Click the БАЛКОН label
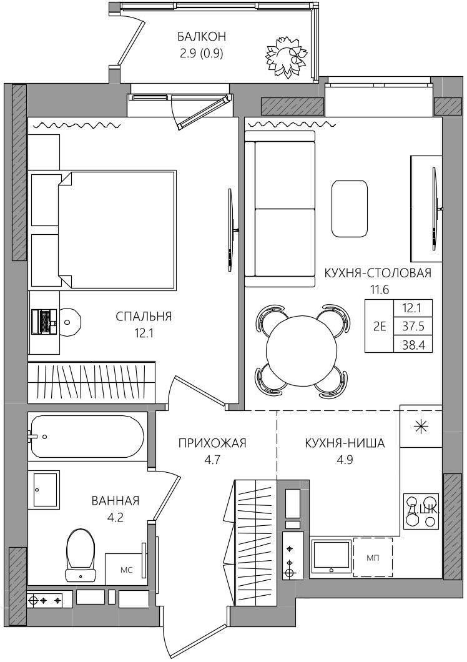pos(202,36)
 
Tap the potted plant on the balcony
pos(285,56)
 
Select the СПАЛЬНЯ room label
pos(144,316)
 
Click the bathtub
pos(87,437)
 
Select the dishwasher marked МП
pos(373,557)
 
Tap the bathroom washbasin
pos(45,489)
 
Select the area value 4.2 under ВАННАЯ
pos(116,516)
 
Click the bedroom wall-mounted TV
pos(230,230)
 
